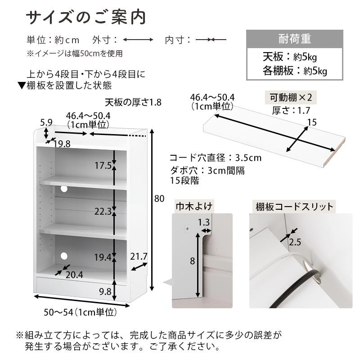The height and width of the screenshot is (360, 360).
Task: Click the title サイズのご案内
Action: [x=86, y=18]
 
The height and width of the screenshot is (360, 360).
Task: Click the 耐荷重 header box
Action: [x=295, y=39]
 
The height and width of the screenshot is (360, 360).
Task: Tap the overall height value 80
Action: [x=159, y=198]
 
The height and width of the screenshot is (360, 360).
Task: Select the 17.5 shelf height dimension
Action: [x=103, y=165]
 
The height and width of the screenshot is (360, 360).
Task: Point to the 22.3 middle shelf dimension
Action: [x=103, y=211]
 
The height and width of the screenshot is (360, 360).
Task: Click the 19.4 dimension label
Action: [x=103, y=257]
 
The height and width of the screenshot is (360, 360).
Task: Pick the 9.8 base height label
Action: [x=105, y=292]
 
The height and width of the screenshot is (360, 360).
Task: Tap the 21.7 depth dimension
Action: [x=139, y=256]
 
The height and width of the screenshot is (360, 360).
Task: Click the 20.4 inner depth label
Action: [x=74, y=275]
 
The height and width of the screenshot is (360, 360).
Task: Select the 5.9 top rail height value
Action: [x=46, y=122]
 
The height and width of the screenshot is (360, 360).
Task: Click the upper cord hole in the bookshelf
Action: [x=64, y=189]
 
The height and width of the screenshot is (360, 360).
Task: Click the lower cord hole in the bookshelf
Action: [x=64, y=256]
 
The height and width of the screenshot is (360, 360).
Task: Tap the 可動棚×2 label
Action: [x=291, y=98]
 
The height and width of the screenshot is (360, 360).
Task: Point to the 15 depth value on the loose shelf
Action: [x=312, y=122]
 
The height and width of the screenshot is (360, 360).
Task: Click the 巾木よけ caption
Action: [x=194, y=206]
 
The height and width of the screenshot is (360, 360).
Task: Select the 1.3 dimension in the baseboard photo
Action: [x=204, y=222]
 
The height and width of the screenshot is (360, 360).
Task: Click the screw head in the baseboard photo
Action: [x=188, y=229]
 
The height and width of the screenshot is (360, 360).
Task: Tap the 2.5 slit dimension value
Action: [x=295, y=242]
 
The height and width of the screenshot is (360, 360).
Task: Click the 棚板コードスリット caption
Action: [x=294, y=207]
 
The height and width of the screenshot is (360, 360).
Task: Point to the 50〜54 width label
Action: [x=81, y=312]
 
